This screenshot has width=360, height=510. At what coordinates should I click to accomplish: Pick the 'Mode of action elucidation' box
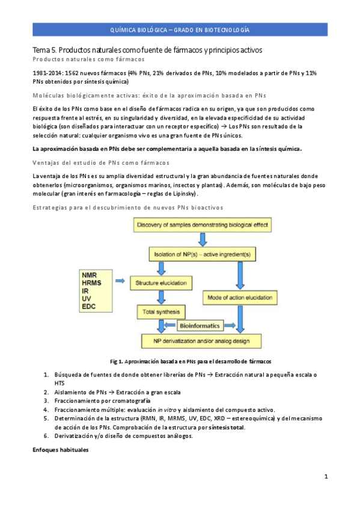coord(242,298)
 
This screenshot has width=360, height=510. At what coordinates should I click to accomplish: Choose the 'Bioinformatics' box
coord(201,326)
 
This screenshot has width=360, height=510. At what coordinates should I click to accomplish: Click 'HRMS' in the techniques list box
coord(91,282)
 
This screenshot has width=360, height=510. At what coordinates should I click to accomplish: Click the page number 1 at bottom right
coord(325,477)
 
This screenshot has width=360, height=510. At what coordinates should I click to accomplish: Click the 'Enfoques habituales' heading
coord(61,449)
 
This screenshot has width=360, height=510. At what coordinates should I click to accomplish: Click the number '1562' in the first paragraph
coord(73,73)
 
